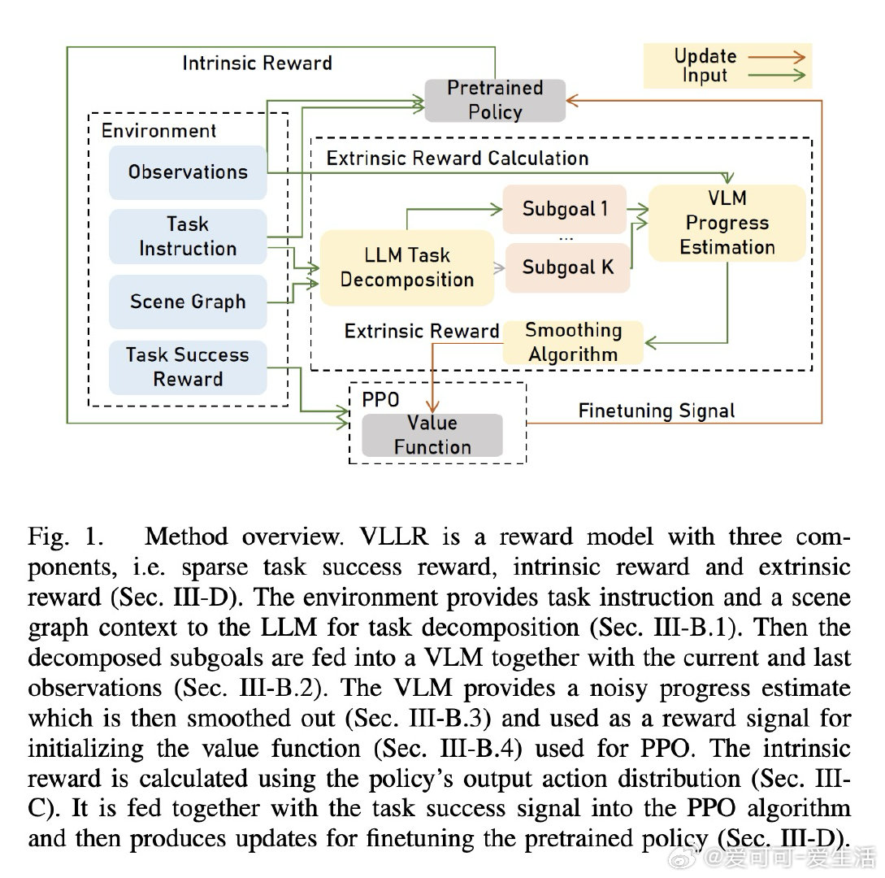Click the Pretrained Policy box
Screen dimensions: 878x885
tap(495, 100)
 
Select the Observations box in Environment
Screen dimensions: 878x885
tap(188, 172)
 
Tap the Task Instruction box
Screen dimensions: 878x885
tap(188, 237)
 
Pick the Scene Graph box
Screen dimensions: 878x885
tap(188, 302)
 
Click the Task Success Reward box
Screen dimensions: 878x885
tap(188, 367)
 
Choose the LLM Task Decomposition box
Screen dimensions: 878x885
tap(407, 267)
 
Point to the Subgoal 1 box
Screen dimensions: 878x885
tap(565, 209)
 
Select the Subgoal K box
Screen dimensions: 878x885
tap(567, 267)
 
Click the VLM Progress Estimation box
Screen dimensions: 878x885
tap(727, 223)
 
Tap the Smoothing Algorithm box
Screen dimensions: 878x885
tap(573, 342)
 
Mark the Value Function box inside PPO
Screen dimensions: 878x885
tap(432, 435)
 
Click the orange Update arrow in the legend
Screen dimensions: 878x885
tap(775, 57)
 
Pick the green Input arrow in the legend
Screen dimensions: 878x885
tap(775, 76)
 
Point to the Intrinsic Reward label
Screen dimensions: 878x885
tap(257, 63)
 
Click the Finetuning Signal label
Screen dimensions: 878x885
tap(657, 411)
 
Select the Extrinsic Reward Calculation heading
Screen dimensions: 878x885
tap(458, 158)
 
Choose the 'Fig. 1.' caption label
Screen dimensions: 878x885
tap(67, 537)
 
